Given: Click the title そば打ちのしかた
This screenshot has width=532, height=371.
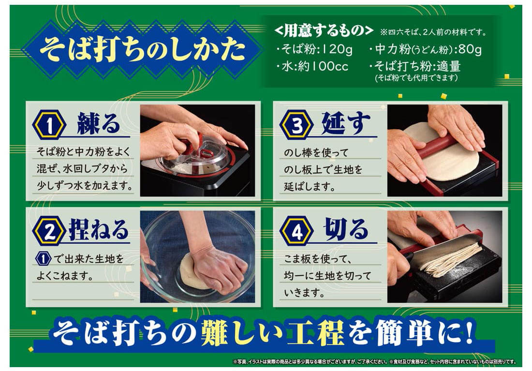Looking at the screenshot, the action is tap(143, 49).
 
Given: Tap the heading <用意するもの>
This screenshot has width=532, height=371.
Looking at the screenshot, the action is tap(324, 31).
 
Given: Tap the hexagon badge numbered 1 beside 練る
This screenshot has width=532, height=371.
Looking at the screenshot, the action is tap(49, 126).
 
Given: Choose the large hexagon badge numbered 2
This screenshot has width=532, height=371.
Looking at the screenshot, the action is tap(49, 232).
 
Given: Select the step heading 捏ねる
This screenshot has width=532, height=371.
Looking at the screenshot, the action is tap(99, 230).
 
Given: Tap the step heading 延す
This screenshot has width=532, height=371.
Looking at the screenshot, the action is tap(346, 123).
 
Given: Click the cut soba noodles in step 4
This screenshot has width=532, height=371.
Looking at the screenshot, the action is tap(451, 260).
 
